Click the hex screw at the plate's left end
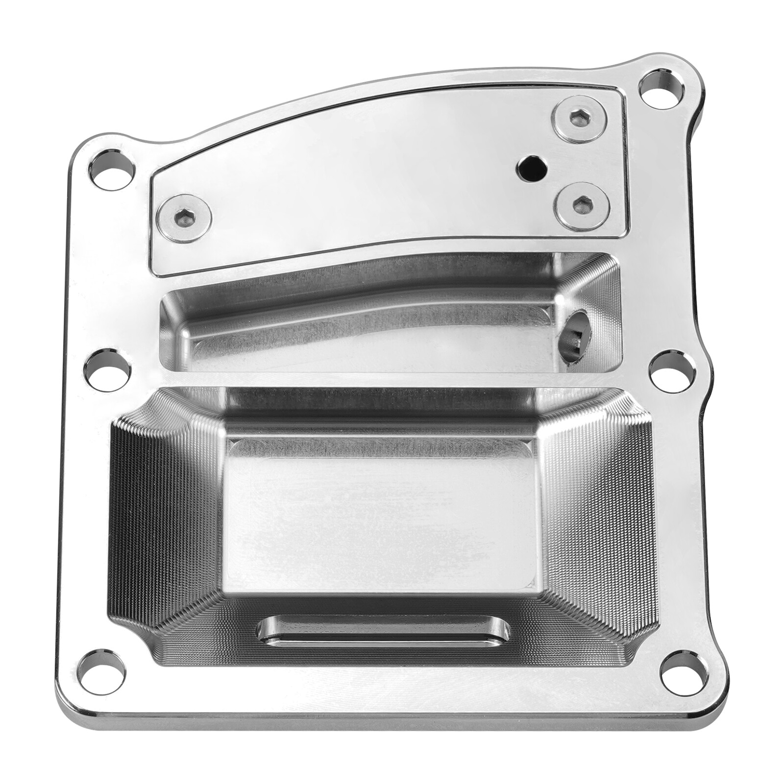185,218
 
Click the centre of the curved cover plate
372,186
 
